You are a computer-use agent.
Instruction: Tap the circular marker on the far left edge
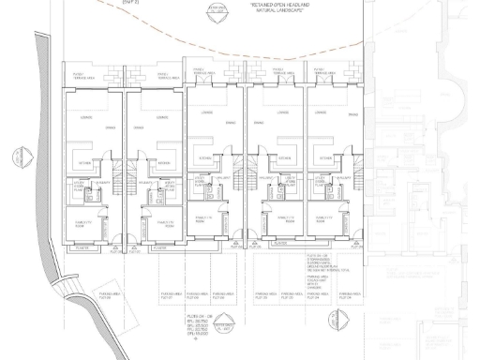pos(17,157)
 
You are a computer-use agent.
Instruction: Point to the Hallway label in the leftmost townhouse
pos(101,181)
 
